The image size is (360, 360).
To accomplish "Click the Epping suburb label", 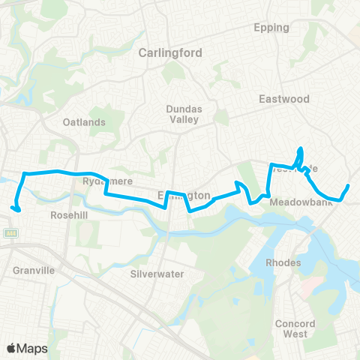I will pos(272,28).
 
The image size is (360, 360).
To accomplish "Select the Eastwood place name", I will pos(283,98).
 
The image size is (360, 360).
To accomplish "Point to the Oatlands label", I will pos(82,122).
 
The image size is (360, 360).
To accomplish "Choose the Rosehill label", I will pos(70,214).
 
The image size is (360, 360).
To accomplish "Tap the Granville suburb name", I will pos(34,270).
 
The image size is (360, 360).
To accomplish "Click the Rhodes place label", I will pos(284,262).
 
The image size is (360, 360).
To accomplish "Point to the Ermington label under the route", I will pos(184,195).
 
